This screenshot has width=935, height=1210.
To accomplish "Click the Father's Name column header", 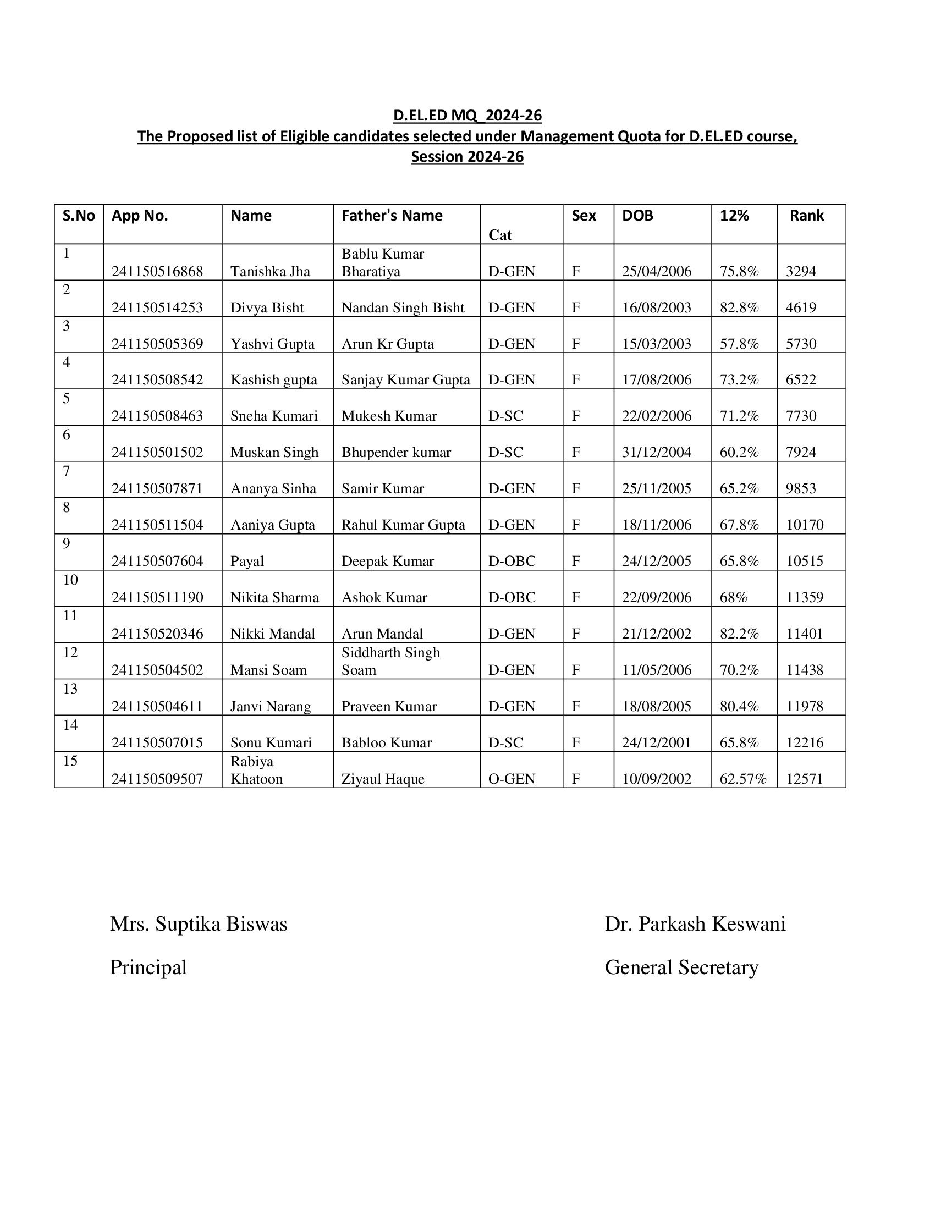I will click(x=392, y=216).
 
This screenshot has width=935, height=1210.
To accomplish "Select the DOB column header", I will click(x=637, y=216).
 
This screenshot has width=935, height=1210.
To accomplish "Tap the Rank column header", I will click(x=806, y=216).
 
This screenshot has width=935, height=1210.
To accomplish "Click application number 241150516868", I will click(x=157, y=272).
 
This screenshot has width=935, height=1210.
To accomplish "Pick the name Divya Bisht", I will click(x=267, y=307).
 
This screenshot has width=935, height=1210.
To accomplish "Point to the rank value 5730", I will click(x=801, y=344).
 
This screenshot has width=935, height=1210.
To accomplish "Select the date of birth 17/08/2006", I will click(x=656, y=380).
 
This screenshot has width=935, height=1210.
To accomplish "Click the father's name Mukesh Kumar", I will click(x=389, y=416).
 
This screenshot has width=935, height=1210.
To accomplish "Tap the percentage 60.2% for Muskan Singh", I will click(x=739, y=453).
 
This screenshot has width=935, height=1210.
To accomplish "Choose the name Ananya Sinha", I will click(x=273, y=488).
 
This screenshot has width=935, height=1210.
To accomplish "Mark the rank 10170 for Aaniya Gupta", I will click(x=805, y=525).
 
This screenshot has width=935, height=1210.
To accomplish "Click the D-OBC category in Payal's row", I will click(x=512, y=561).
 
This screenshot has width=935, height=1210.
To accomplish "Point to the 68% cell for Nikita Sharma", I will click(x=733, y=597).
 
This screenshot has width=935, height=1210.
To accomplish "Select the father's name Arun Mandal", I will click(x=382, y=634).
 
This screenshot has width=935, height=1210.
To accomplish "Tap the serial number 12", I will click(x=70, y=653).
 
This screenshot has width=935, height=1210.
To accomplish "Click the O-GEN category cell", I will click(x=512, y=779).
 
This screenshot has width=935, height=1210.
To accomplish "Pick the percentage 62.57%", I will click(x=743, y=779).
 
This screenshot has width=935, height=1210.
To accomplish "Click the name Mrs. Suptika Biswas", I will click(x=199, y=924).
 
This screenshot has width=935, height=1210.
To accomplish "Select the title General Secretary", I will click(x=681, y=967).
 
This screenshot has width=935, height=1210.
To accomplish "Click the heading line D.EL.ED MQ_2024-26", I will click(x=467, y=116).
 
